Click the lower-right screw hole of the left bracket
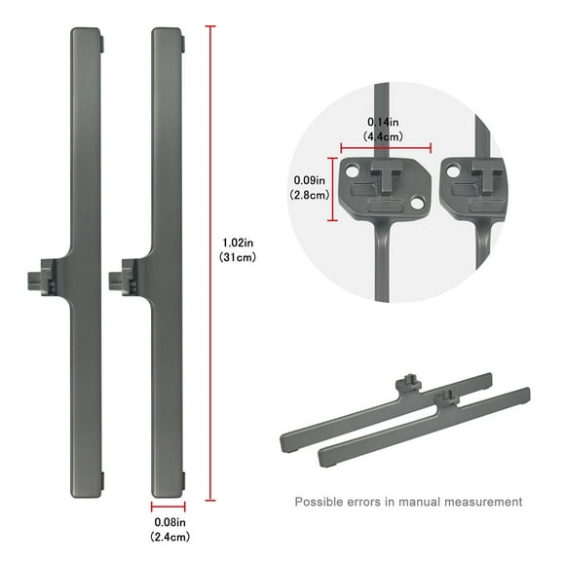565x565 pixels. coord(417,204)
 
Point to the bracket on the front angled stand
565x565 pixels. coord(448,397)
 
